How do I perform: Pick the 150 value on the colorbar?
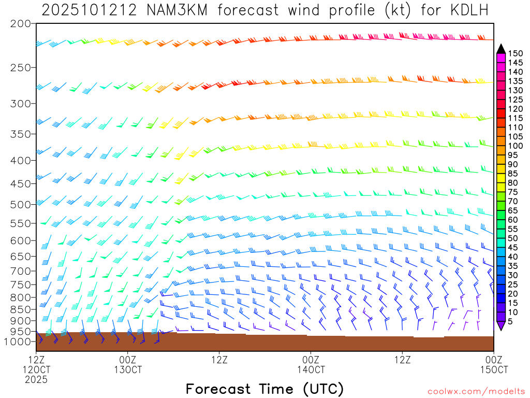coord(515,53)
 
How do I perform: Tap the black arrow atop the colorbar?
coord(500,49)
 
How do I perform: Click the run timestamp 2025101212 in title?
coord(89,10)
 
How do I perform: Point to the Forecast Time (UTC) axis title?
coord(264,389)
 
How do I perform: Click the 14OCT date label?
coord(311,369)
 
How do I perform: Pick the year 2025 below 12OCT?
coord(36,379)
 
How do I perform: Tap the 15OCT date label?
coord(494,369)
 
